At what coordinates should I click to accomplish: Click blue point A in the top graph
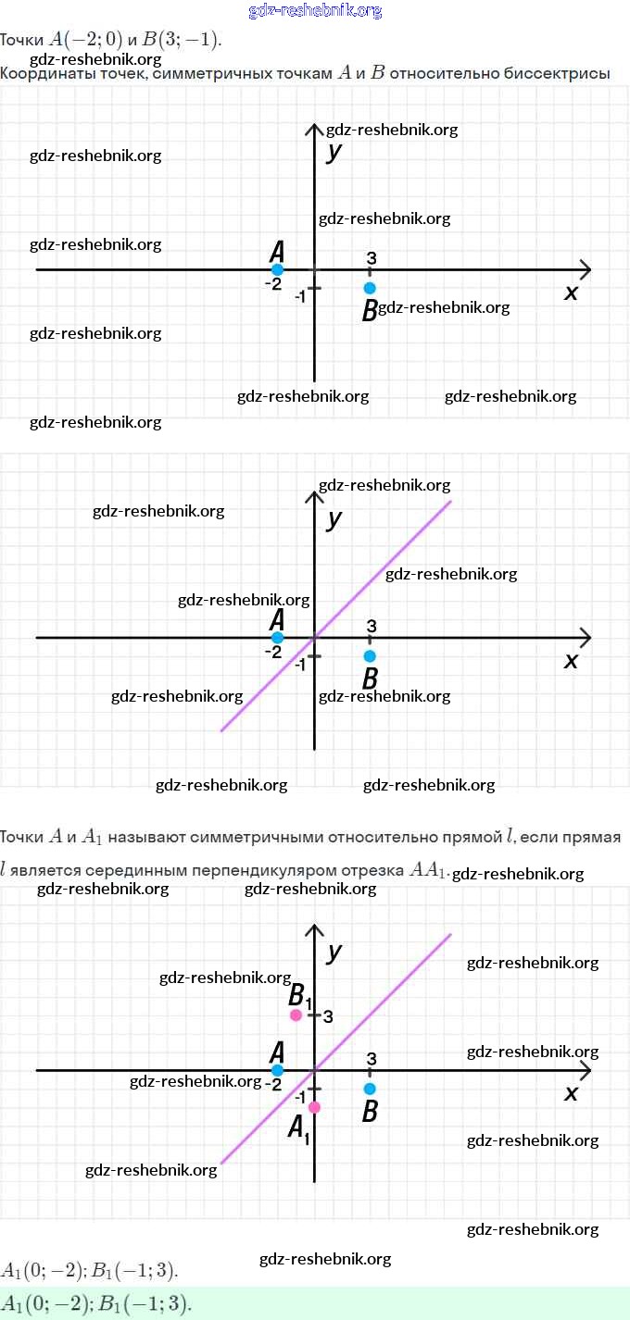pyautogui.click(x=277, y=269)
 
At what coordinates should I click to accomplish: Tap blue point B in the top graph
pyautogui.click(x=370, y=288)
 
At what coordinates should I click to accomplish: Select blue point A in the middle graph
pyautogui.click(x=277, y=638)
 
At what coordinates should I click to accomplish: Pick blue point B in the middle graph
pyautogui.click(x=370, y=656)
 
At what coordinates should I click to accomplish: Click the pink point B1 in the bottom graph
pyautogui.click(x=296, y=1015)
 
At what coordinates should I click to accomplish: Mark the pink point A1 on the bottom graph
pyautogui.click(x=314, y=1107)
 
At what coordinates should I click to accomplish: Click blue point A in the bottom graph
pyautogui.click(x=277, y=1070)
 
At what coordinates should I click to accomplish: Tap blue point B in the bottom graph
pyautogui.click(x=370, y=1089)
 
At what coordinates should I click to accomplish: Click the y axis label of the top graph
pyautogui.click(x=334, y=151)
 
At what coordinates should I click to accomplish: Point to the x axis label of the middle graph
pyautogui.click(x=571, y=660)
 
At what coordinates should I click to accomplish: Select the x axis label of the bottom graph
pyautogui.click(x=571, y=1093)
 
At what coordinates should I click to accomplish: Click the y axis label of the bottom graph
pyautogui.click(x=334, y=952)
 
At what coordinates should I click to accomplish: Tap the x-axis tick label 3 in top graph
pyautogui.click(x=371, y=258)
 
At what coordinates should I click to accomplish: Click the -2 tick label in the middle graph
pyautogui.click(x=272, y=652)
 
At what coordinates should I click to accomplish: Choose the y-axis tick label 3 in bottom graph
pyautogui.click(x=328, y=1016)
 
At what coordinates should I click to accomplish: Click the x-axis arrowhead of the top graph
pyautogui.click(x=586, y=269)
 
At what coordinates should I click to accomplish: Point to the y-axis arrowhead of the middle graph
pyautogui.click(x=314, y=496)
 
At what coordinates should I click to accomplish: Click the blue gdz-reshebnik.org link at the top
pyautogui.click(x=315, y=11)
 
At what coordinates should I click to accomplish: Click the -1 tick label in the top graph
pyautogui.click(x=300, y=296)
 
